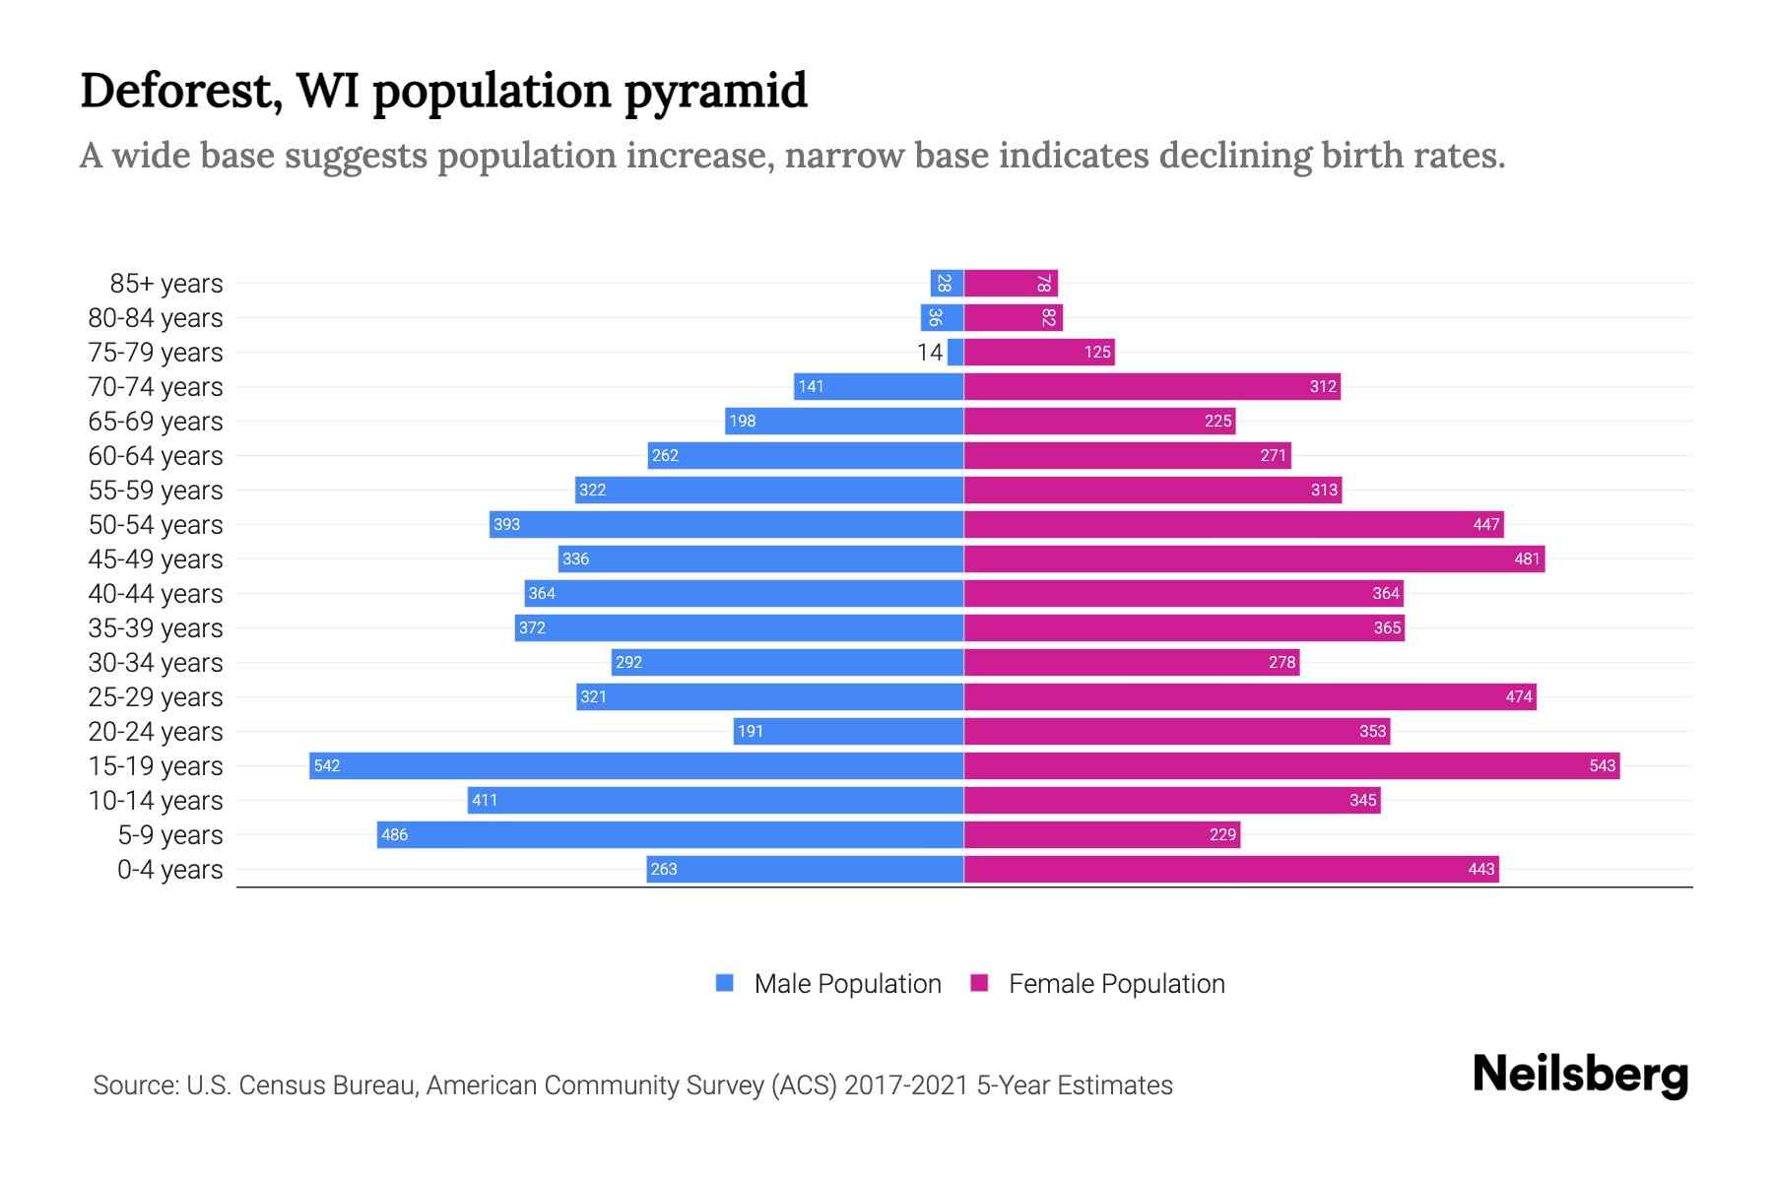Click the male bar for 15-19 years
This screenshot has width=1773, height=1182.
pyautogui.click(x=636, y=765)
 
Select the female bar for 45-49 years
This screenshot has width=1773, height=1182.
pyautogui.click(x=1254, y=558)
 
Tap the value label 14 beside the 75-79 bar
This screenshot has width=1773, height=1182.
pyautogui.click(x=929, y=353)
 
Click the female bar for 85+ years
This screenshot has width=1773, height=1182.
pyautogui.click(x=1011, y=284)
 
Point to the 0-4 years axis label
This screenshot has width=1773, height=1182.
pyautogui.click(x=169, y=870)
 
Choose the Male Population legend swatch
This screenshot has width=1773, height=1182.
pyautogui.click(x=725, y=983)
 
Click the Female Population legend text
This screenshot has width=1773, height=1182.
pyautogui.click(x=1116, y=984)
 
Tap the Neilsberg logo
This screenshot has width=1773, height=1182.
pyautogui.click(x=1580, y=1075)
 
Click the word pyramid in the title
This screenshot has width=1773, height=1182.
pyautogui.click(x=716, y=92)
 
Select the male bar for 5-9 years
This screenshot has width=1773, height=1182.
pyautogui.click(x=670, y=834)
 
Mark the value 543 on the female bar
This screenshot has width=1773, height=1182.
pyautogui.click(x=1602, y=766)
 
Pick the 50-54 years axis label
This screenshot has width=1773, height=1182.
pyautogui.click(x=156, y=525)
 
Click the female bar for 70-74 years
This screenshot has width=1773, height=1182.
pyautogui.click(x=1151, y=386)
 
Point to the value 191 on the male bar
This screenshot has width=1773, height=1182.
pyautogui.click(x=751, y=732)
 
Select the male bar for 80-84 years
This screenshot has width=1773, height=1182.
pyautogui.click(x=942, y=318)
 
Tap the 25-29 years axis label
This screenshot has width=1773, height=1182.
pyautogui.click(x=156, y=697)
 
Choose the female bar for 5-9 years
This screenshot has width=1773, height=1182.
pyautogui.click(x=1101, y=834)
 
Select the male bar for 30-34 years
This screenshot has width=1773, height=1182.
pyautogui.click(x=787, y=662)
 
